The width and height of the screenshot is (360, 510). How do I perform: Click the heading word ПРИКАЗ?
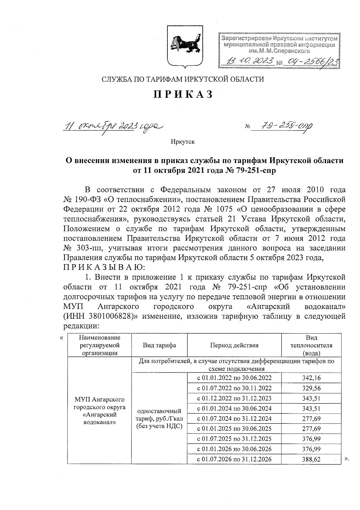pos(183,94)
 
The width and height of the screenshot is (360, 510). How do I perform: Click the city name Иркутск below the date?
pos(183,142)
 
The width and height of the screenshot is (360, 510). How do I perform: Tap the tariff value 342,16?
pos(311,378)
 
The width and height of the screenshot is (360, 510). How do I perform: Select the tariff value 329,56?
pos(311,388)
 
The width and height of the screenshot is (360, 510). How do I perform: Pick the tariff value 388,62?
pos(311,459)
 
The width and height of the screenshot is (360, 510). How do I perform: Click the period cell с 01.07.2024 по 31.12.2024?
pos(234,418)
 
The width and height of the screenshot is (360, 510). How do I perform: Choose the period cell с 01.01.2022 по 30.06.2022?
pos(234,378)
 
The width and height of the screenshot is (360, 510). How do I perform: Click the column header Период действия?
pos(234,345)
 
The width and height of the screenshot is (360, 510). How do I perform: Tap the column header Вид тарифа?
pos(159,345)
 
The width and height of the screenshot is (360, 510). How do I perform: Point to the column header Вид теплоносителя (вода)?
pos(311,345)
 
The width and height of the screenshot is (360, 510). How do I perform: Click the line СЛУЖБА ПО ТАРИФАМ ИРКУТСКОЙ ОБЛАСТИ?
pos(183,79)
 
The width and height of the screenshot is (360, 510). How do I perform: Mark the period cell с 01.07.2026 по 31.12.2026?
pos(234,459)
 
